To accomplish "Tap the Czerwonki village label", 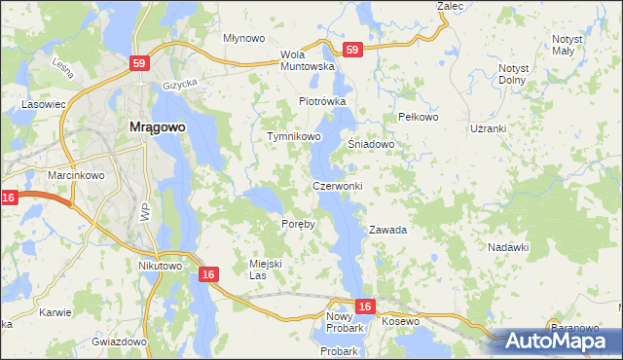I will (x=338, y=186).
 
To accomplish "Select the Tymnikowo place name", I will (x=294, y=137).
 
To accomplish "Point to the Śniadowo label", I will (x=371, y=144).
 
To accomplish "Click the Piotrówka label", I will (x=322, y=101).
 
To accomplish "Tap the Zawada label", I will (x=386, y=231).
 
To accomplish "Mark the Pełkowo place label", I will (x=421, y=117).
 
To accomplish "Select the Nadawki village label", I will (x=507, y=248).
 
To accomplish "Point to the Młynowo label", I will (x=243, y=38).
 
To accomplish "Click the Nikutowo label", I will (x=161, y=266).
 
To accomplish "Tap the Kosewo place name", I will (x=400, y=321).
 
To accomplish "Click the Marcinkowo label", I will (x=70, y=176).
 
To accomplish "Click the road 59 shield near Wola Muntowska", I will (x=352, y=50).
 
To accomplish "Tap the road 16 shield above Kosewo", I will (x=364, y=306).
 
